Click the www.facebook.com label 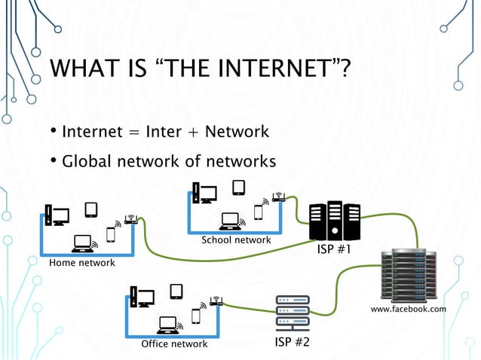[409, 309]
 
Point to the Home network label [81, 263]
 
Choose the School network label [235, 240]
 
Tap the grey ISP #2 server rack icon [293, 312]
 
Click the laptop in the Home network [82, 243]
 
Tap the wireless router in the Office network [216, 303]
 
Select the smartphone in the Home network [111, 234]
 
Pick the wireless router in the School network [278, 198]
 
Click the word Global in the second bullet [86, 161]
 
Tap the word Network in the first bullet [237, 133]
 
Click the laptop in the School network [230, 220]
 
